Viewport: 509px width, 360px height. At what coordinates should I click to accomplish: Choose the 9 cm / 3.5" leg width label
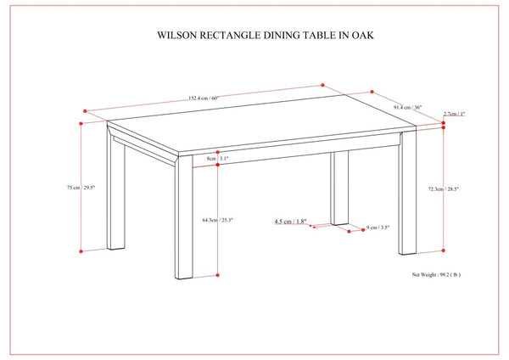(x=378, y=228)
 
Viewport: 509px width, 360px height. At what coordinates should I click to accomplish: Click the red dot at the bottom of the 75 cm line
(x=81, y=251)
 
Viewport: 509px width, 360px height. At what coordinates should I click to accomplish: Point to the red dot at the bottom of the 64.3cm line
(x=218, y=277)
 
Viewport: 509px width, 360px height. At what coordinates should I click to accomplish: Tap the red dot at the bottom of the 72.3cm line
(x=444, y=250)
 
